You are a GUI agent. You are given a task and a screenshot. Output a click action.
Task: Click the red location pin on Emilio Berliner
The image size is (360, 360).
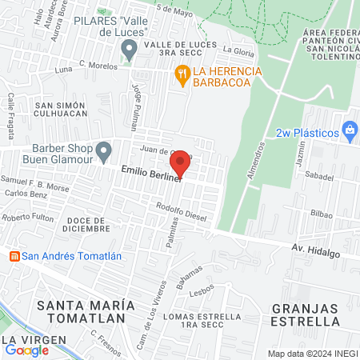click(x=181, y=162)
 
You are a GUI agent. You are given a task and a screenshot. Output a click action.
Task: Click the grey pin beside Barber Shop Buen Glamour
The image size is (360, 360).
click(x=103, y=150)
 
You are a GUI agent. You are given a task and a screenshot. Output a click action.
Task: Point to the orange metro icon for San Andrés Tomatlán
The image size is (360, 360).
click(x=14, y=256)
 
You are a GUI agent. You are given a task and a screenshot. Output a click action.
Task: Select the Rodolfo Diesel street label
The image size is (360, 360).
click(x=182, y=212)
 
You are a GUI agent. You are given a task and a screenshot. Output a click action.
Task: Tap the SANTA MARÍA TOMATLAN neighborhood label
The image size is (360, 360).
click(x=82, y=311)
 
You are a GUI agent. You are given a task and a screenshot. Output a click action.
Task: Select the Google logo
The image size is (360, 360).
click(x=27, y=350)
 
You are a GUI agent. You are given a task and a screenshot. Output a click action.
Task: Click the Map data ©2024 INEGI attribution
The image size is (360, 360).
click(x=311, y=354)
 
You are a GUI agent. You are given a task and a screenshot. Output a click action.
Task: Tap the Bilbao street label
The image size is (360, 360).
click(x=323, y=214)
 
